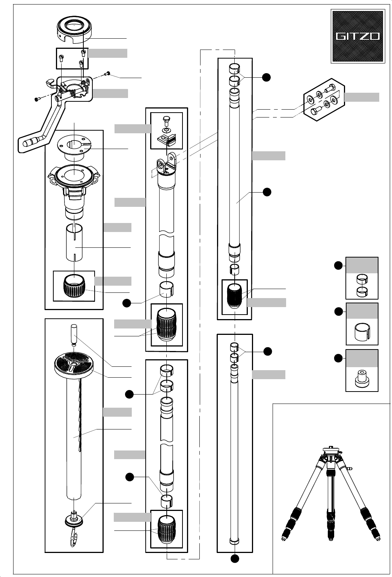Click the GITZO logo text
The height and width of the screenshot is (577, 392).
click(358, 36)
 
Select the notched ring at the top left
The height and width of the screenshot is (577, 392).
click(74, 31)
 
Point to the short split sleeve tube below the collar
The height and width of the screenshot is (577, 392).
click(74, 243)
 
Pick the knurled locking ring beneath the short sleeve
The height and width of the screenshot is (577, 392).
click(74, 286)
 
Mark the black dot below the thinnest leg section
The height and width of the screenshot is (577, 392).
click(235, 559)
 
